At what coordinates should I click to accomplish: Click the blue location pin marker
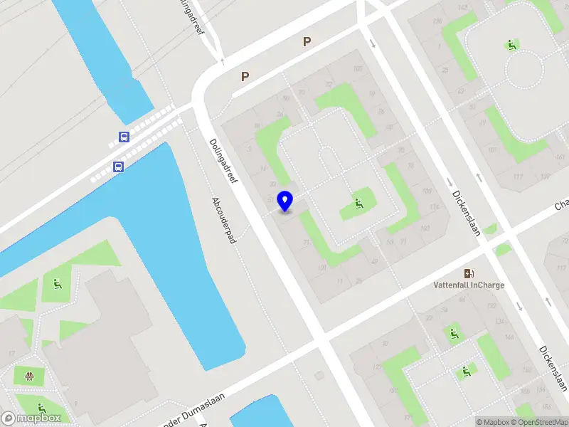point(285,201)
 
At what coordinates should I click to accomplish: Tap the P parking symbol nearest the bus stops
point(245,76)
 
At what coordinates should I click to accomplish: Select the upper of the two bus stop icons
point(124,137)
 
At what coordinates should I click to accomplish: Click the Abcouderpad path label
point(223,221)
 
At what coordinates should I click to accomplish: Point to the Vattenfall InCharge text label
point(469,285)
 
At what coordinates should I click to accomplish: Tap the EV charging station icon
point(469,273)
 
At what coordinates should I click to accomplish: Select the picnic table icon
point(29,376)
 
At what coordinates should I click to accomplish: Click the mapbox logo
point(31,418)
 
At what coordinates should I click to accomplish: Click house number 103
point(425,228)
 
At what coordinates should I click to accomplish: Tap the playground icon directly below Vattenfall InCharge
point(453,332)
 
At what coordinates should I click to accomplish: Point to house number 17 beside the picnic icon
point(12,353)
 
